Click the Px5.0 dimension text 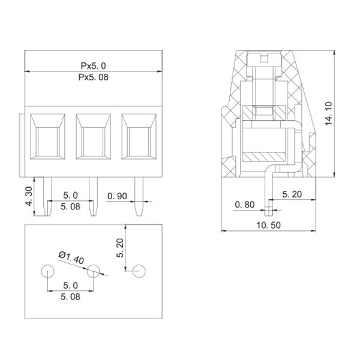93,66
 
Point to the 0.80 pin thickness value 245,205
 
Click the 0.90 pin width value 118,196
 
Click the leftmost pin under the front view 47,198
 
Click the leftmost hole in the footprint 47,271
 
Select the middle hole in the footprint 93,271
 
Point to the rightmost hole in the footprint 139,271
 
